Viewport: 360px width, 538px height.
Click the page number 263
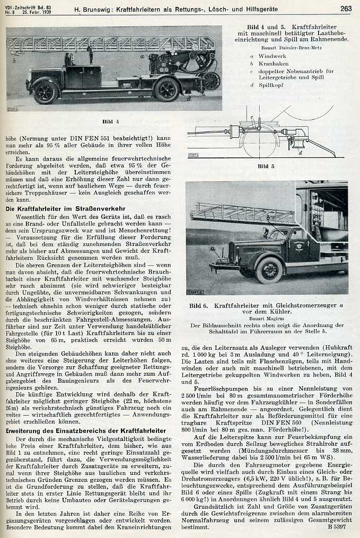[x=345, y=8]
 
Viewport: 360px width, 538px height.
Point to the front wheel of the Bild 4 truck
[x=45, y=93]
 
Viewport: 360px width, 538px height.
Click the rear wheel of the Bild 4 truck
[x=167, y=90]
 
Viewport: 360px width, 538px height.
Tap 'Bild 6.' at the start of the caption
[x=199, y=306]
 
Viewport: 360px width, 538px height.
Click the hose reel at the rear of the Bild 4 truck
[x=212, y=80]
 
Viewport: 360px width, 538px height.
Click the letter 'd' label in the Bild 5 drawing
[x=301, y=153]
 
